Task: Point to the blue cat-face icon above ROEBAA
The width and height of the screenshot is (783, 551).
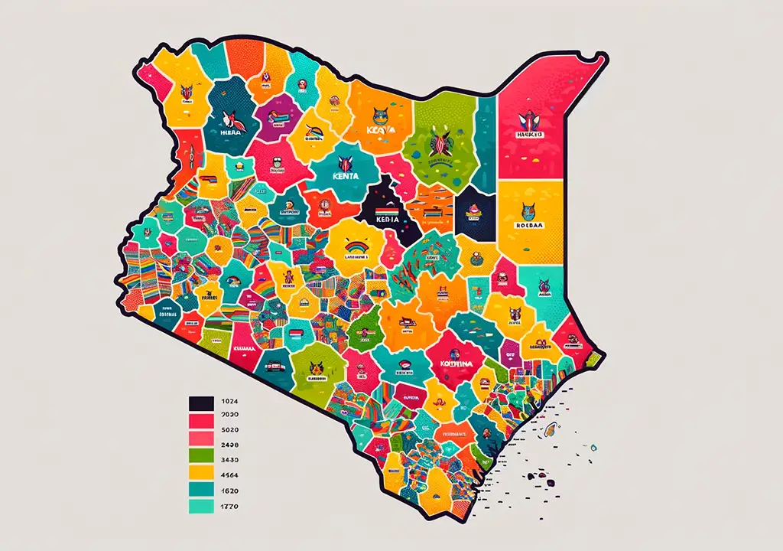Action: point(529,210)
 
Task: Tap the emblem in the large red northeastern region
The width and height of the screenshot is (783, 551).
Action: point(529,120)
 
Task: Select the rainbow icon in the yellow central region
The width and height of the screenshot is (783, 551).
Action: point(356,246)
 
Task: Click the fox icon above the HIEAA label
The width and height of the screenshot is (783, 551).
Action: point(229,118)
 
